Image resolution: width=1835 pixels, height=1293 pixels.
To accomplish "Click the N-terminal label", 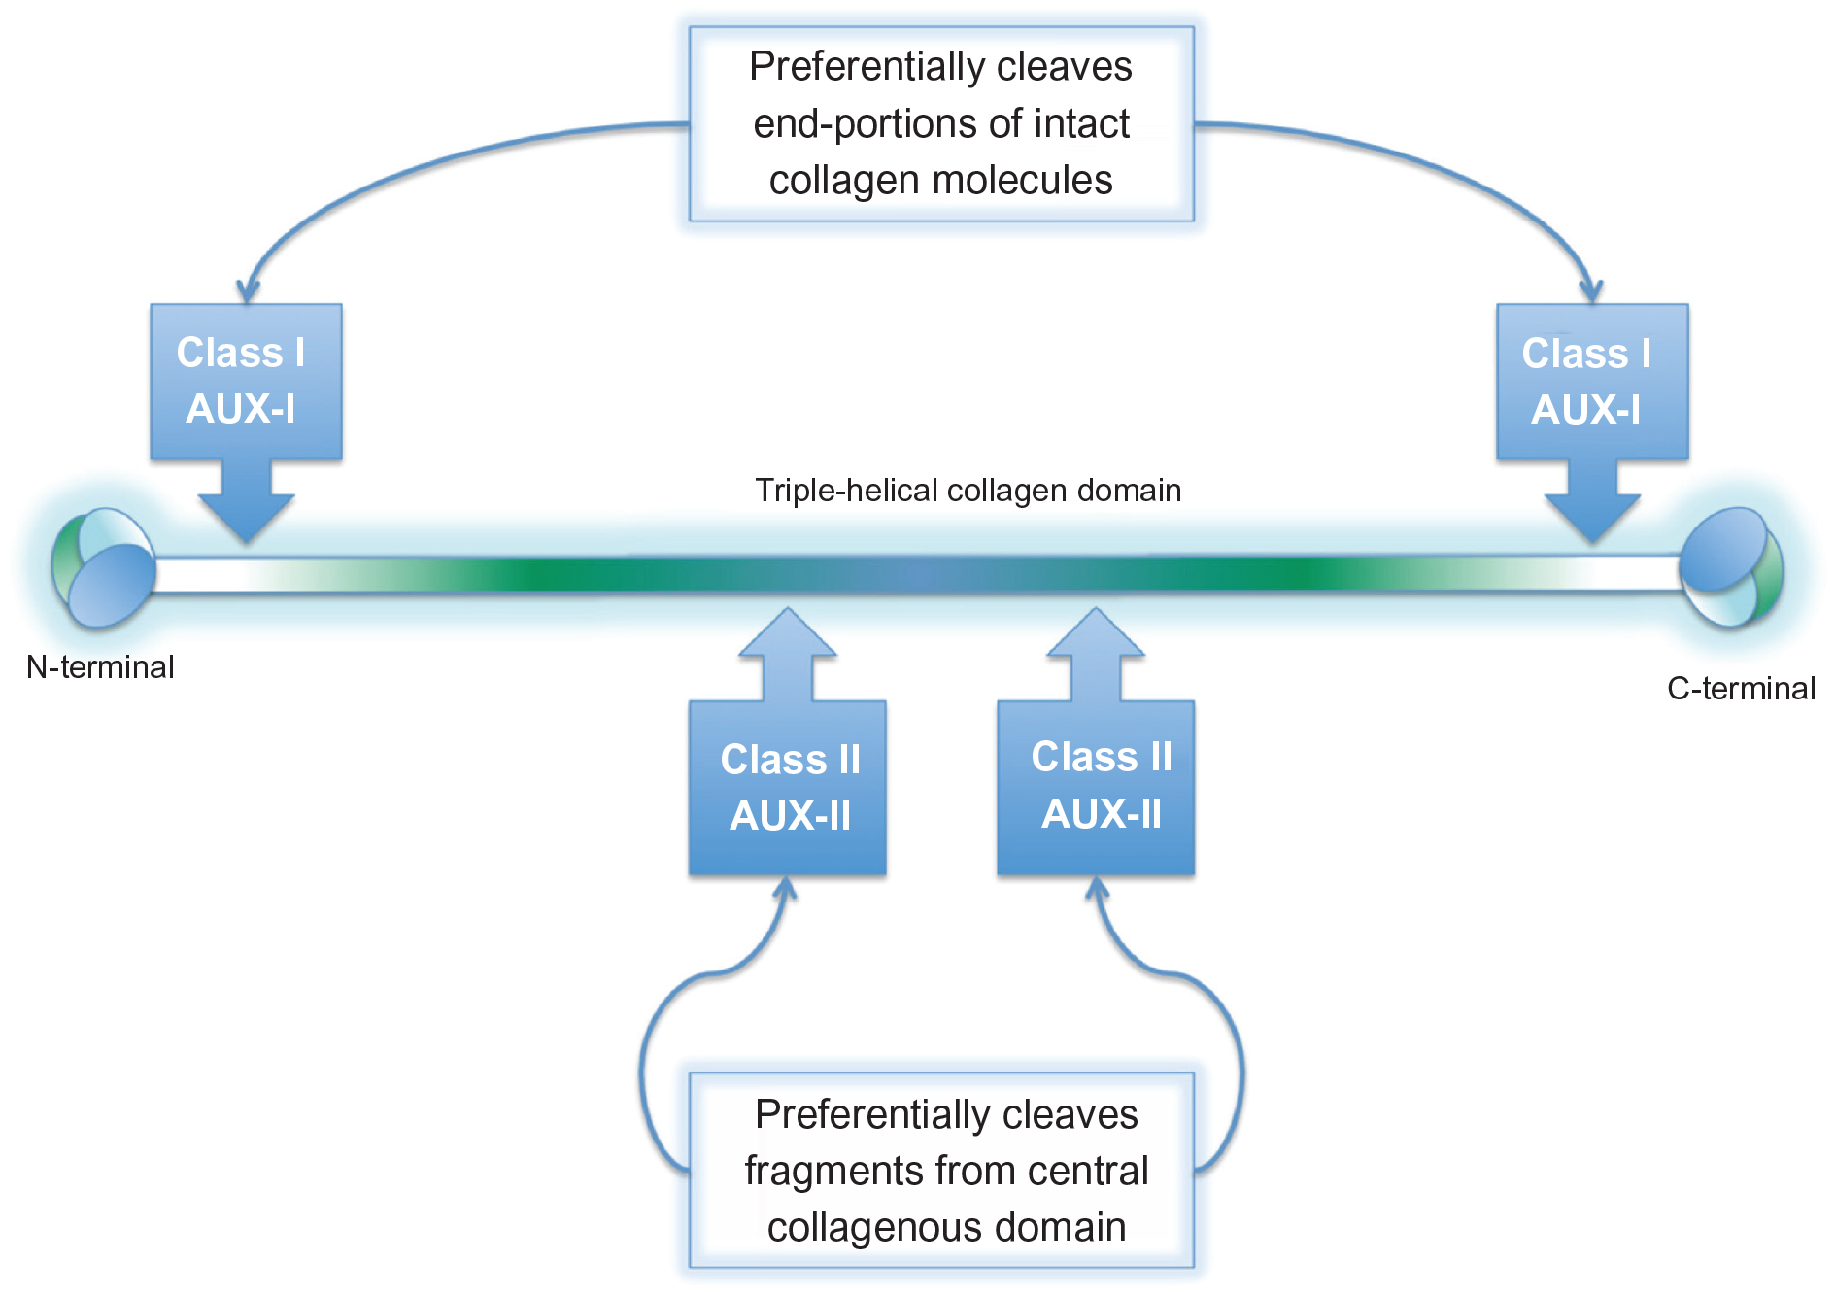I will [100, 667].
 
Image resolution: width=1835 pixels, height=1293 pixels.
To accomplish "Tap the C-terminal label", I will [1741, 689].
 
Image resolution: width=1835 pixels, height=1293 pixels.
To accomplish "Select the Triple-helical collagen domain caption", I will [968, 491].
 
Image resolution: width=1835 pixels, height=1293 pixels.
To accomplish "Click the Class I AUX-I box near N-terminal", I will [245, 381].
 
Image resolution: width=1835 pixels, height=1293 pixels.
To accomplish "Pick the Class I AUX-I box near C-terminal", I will [1591, 381].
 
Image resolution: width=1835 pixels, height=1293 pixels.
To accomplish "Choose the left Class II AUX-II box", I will [788, 787].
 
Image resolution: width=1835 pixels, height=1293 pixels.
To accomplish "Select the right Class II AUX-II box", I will [1096, 787].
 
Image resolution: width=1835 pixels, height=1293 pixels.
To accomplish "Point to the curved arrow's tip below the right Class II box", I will [1097, 886].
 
